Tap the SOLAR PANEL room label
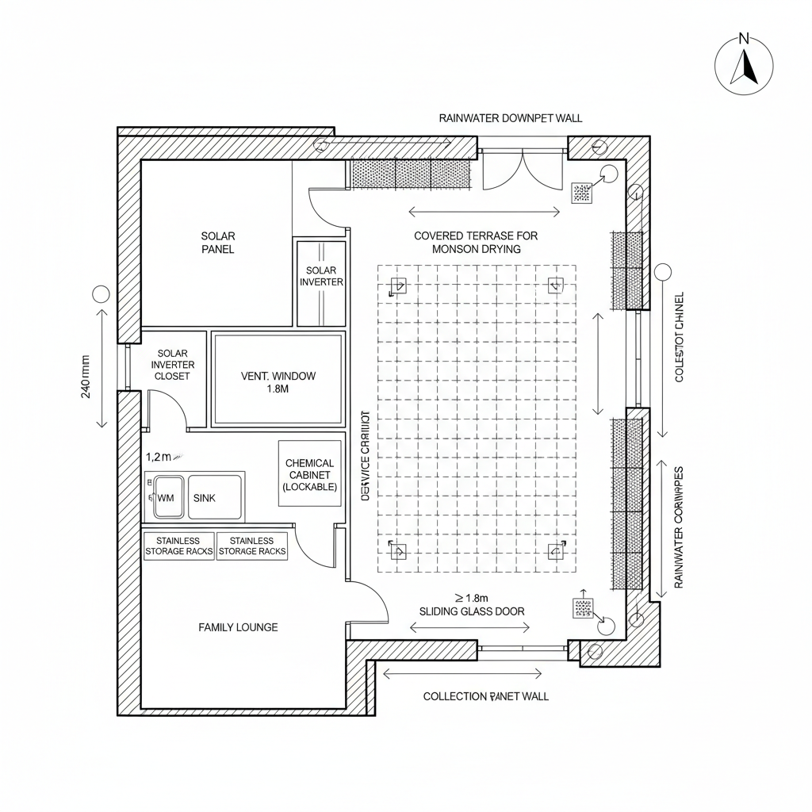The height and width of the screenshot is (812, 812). click(x=217, y=243)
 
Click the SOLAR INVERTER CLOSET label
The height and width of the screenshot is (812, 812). click(x=172, y=365)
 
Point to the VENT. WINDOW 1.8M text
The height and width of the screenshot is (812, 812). click(x=278, y=382)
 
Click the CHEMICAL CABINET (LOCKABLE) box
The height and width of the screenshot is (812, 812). click(x=310, y=474)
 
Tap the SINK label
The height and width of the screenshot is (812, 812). click(x=204, y=498)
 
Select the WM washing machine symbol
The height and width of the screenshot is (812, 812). click(x=167, y=497)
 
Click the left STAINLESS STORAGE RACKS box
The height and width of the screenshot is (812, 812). click(x=179, y=546)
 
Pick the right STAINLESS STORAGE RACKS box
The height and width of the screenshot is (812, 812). click(x=252, y=546)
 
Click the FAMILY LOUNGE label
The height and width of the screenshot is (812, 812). click(x=238, y=627)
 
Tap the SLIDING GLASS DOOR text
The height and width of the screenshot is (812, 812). click(x=471, y=611)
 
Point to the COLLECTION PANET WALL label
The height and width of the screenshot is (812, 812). click(x=485, y=696)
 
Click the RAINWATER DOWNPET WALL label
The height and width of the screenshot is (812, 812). click(x=511, y=118)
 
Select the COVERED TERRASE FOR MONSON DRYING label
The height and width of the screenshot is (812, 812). click(x=476, y=242)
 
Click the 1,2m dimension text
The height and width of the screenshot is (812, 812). click(x=159, y=457)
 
